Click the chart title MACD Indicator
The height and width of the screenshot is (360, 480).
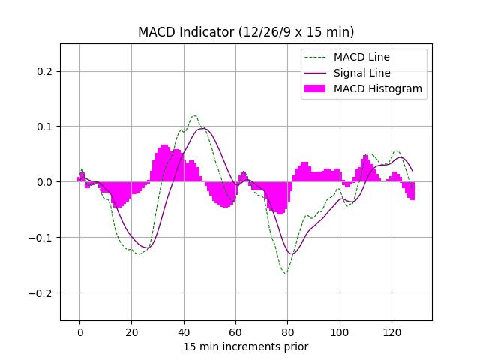coord(246,32)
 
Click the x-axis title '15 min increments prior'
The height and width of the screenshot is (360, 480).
coord(246,346)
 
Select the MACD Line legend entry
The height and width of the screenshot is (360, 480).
coord(361,57)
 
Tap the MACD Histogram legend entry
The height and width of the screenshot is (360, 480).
coord(377,88)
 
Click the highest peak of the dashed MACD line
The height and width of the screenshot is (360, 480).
coord(194,116)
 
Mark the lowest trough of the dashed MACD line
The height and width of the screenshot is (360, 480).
coord(286,273)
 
